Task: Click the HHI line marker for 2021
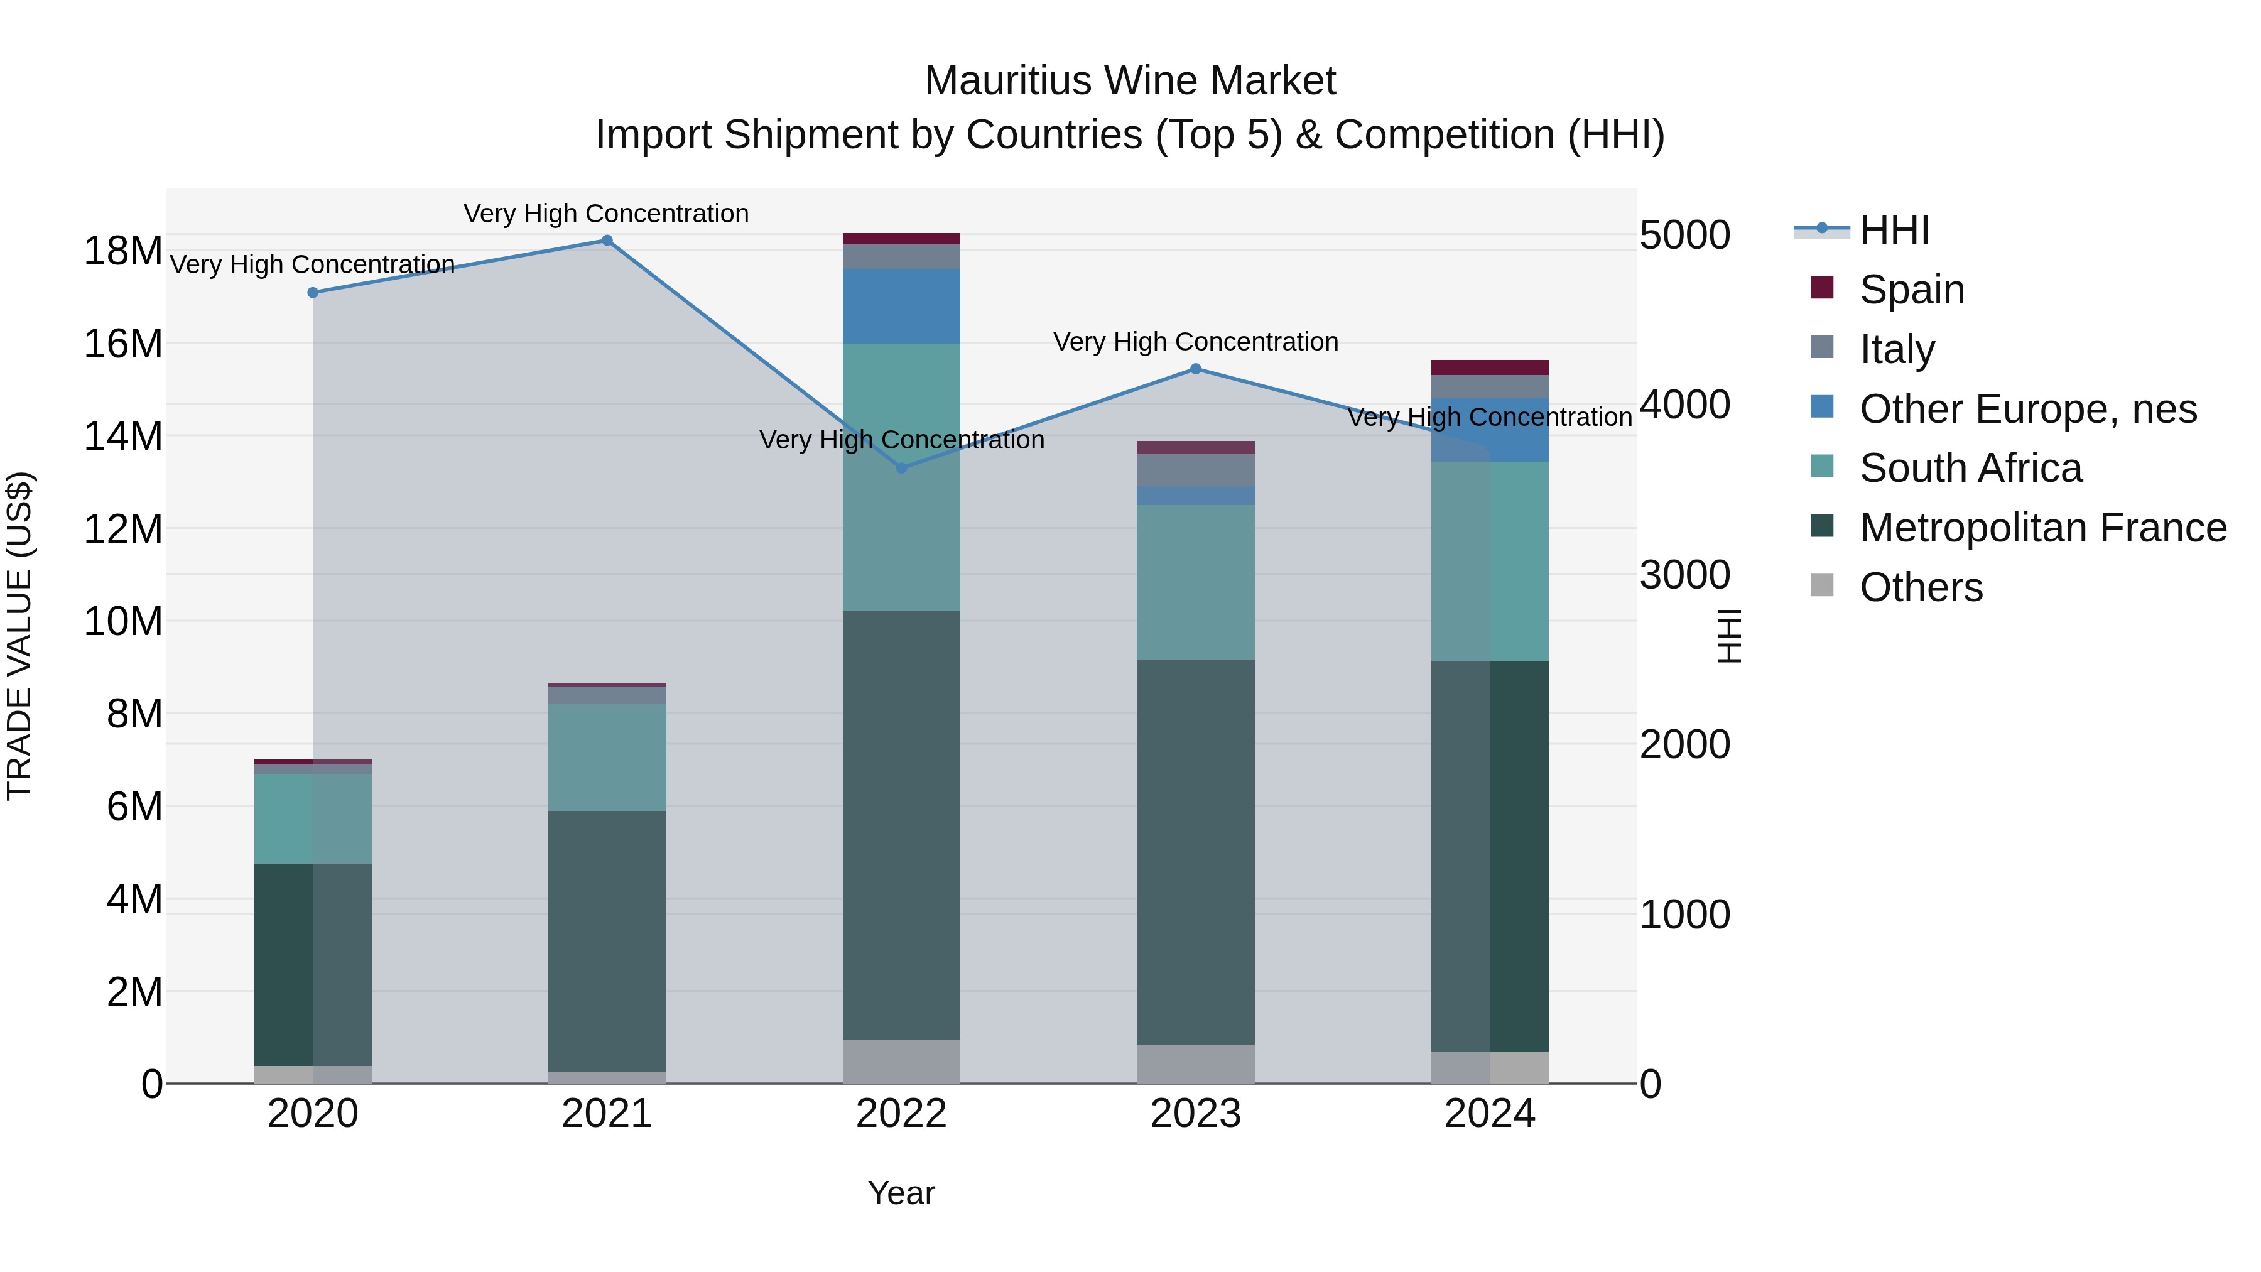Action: tap(607, 241)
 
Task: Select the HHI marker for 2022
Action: tap(901, 468)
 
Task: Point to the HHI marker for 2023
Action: tap(1195, 369)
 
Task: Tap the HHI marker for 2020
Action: tap(313, 292)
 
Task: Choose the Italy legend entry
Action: tap(1896, 349)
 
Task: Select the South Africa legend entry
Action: tap(1970, 468)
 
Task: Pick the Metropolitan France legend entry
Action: tap(2042, 528)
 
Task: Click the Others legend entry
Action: tap(1921, 587)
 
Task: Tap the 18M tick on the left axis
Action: tap(123, 251)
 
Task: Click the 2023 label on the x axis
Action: tap(1195, 1114)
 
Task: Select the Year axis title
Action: tap(901, 1193)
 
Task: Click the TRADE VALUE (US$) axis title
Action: tap(19, 636)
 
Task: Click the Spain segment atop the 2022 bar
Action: tap(901, 239)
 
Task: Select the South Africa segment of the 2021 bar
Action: tap(607, 757)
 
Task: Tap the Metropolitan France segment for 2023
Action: tap(1195, 852)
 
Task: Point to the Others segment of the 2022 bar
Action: tap(901, 1062)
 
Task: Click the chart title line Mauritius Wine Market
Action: tap(1130, 81)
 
